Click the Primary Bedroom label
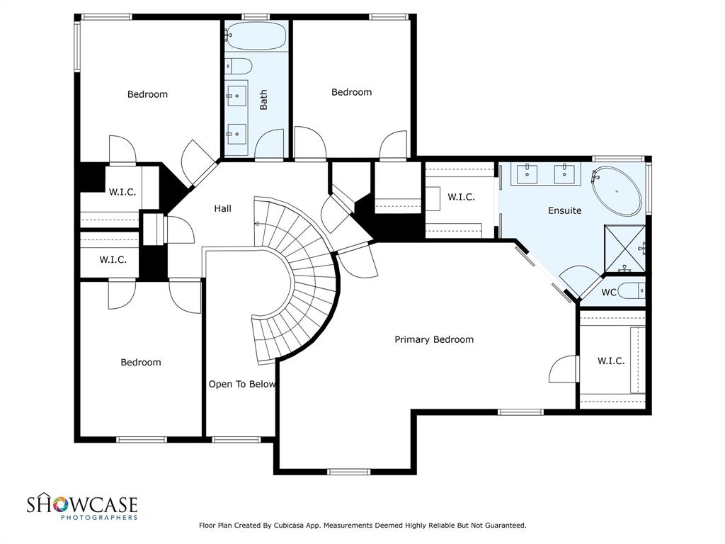434,339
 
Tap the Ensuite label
564,210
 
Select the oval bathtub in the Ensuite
617,191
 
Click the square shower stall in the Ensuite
625,249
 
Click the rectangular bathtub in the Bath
256,35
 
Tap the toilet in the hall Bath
239,66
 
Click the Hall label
222,209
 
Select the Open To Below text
242,384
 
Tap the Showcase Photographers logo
82,506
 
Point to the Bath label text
263,99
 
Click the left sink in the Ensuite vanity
527,174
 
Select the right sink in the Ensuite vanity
564,174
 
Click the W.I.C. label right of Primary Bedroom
611,361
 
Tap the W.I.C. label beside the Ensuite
461,197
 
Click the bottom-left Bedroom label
141,362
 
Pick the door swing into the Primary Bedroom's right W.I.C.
563,368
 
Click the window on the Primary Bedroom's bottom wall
348,472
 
